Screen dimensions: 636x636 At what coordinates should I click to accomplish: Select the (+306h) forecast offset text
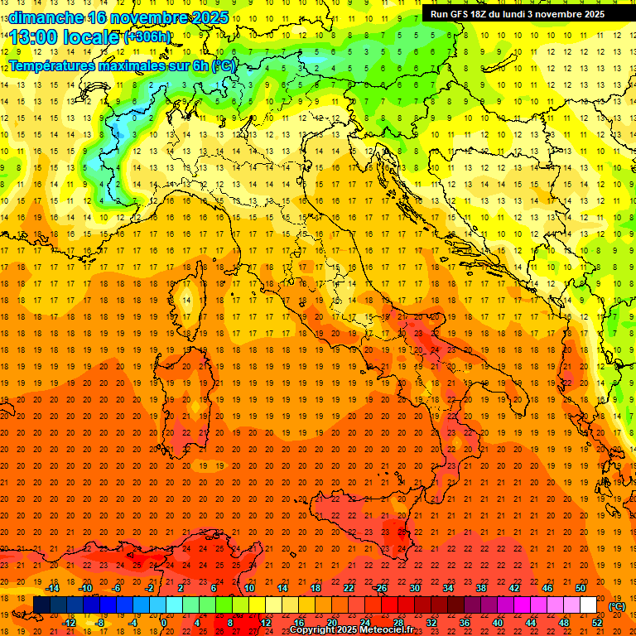(x=147, y=37)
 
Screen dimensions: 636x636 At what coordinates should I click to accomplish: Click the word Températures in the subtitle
(x=51, y=65)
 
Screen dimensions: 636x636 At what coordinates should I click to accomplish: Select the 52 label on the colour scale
(x=597, y=622)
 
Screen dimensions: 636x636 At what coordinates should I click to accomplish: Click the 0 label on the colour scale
(x=164, y=622)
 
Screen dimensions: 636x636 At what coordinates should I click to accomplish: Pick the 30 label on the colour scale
(x=414, y=588)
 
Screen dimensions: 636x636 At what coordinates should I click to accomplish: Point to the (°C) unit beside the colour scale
(x=617, y=606)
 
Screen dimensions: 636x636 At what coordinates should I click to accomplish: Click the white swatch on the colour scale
(x=589, y=605)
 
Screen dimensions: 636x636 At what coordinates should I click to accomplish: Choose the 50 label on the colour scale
(x=581, y=588)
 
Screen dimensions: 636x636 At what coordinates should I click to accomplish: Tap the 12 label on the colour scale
(x=266, y=622)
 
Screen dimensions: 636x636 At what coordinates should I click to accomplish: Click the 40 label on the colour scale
(x=498, y=622)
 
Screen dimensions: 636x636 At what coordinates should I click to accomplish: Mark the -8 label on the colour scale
(x=99, y=622)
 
